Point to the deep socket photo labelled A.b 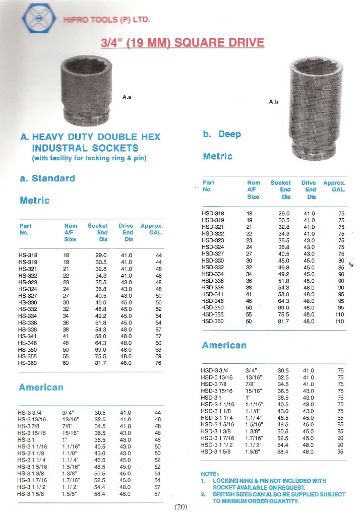pos(315,106)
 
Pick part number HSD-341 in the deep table pos(212,294)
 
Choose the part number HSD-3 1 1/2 pos(218,445)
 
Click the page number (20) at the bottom pos(181,507)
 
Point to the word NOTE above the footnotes pos(209,474)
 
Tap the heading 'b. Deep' pos(222,135)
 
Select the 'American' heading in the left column pos(41,388)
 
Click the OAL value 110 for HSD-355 pos(339,314)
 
